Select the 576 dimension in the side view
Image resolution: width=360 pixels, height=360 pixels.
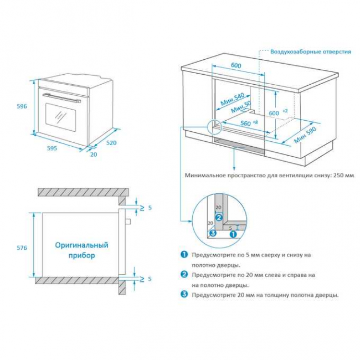[22, 247]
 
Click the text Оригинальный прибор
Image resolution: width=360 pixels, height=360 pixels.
[81, 250]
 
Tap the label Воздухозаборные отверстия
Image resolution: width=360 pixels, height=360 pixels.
[310, 52]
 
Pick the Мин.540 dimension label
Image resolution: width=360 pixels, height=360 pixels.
[232, 100]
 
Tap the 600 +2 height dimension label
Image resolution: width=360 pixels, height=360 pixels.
[277, 112]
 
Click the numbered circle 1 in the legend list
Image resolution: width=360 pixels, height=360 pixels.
[184, 255]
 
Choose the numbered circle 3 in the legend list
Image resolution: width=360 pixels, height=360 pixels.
[184, 295]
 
